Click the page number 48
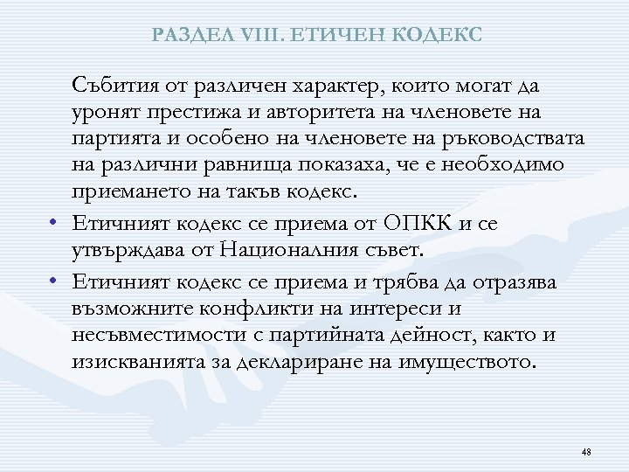(x=586, y=451)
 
